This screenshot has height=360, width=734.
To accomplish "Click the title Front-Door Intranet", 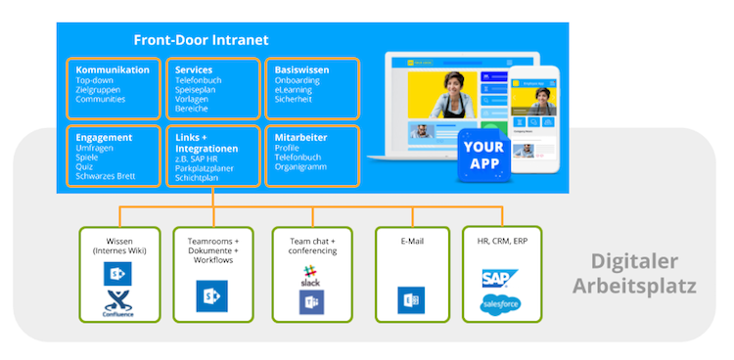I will click(201, 40).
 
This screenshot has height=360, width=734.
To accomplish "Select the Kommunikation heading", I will click(113, 70).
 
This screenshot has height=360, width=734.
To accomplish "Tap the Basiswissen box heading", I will click(301, 70).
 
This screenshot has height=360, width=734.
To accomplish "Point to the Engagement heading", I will click(104, 138).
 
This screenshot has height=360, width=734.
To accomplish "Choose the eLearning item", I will click(294, 91).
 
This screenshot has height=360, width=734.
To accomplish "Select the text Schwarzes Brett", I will click(105, 177).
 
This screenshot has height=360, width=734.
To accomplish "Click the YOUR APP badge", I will click(482, 156).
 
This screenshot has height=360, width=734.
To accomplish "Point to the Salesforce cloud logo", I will click(500, 304).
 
